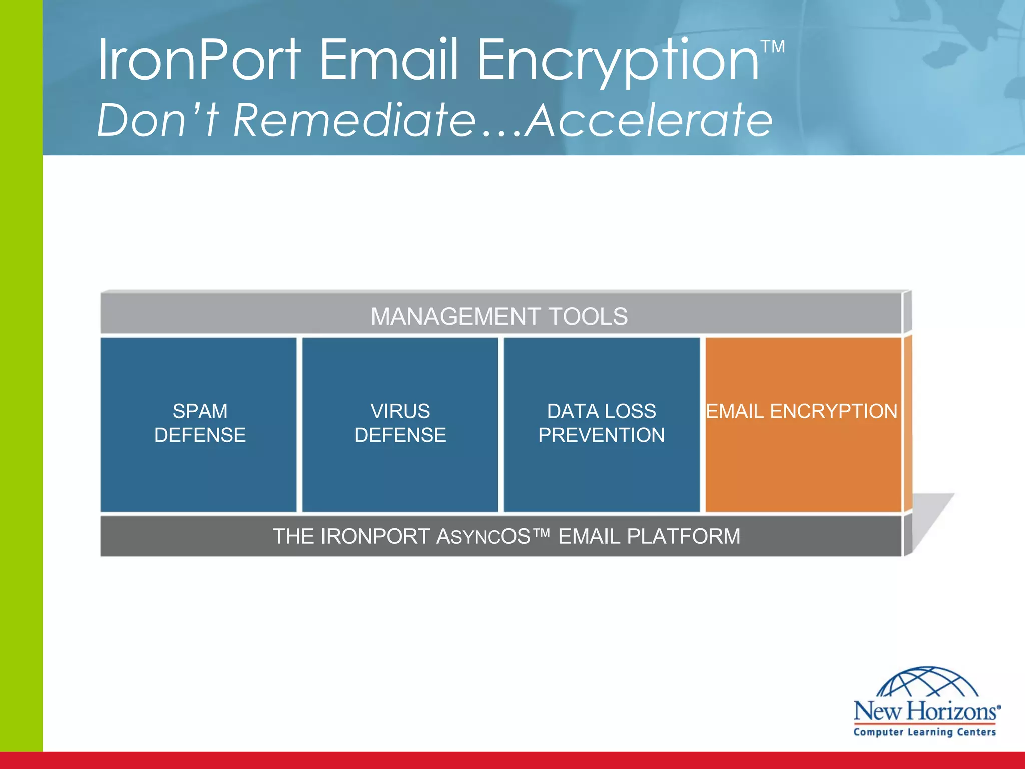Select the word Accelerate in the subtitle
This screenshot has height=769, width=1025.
pyautogui.click(x=650, y=120)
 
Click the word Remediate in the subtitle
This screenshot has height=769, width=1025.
pyautogui.click(x=354, y=120)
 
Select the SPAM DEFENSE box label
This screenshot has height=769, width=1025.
pyautogui.click(x=200, y=423)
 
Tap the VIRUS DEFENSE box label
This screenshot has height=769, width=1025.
pyautogui.click(x=400, y=423)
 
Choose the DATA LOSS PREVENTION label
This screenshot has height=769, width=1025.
pyautogui.click(x=601, y=423)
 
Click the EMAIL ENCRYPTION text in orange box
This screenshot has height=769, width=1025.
pyautogui.click(x=801, y=411)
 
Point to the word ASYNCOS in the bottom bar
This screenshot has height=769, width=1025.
pyautogui.click(x=483, y=537)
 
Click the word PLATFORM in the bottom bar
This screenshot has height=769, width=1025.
pyautogui.click(x=683, y=537)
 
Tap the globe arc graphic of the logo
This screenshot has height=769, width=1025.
pyautogui.click(x=927, y=682)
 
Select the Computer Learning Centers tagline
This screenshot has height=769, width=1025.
pyautogui.click(x=924, y=732)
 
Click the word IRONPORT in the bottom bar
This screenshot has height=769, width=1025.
pyautogui.click(x=375, y=537)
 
